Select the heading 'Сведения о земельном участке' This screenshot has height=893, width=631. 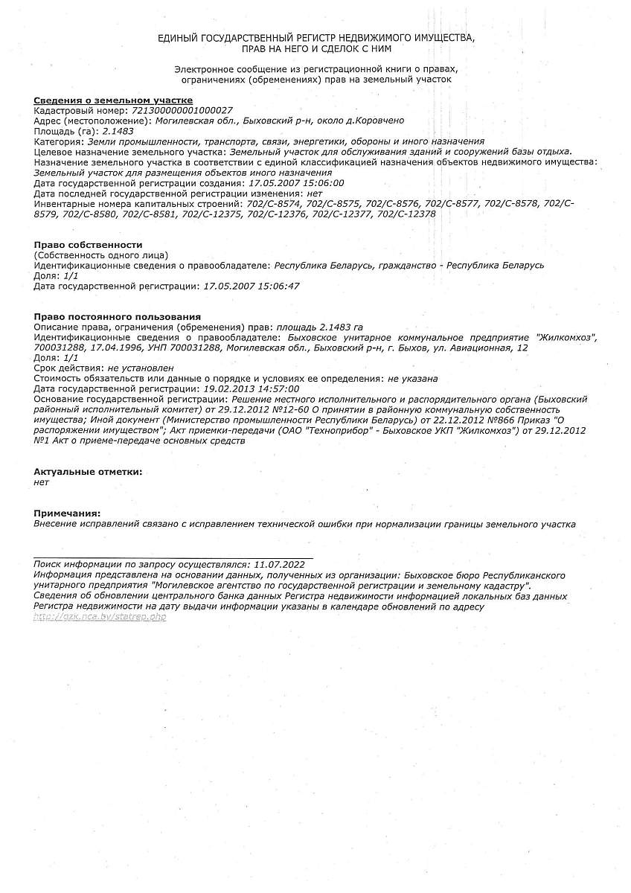(114, 100)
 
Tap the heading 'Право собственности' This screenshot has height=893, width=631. (88, 245)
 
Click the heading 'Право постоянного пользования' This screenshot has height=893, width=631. (117, 317)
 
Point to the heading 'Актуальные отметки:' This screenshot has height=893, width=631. (88, 472)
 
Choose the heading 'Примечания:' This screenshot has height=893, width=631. (67, 513)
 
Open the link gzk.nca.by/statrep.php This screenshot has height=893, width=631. (100, 618)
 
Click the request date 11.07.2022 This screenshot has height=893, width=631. (279, 566)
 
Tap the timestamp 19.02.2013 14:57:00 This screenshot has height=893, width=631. (252, 388)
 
